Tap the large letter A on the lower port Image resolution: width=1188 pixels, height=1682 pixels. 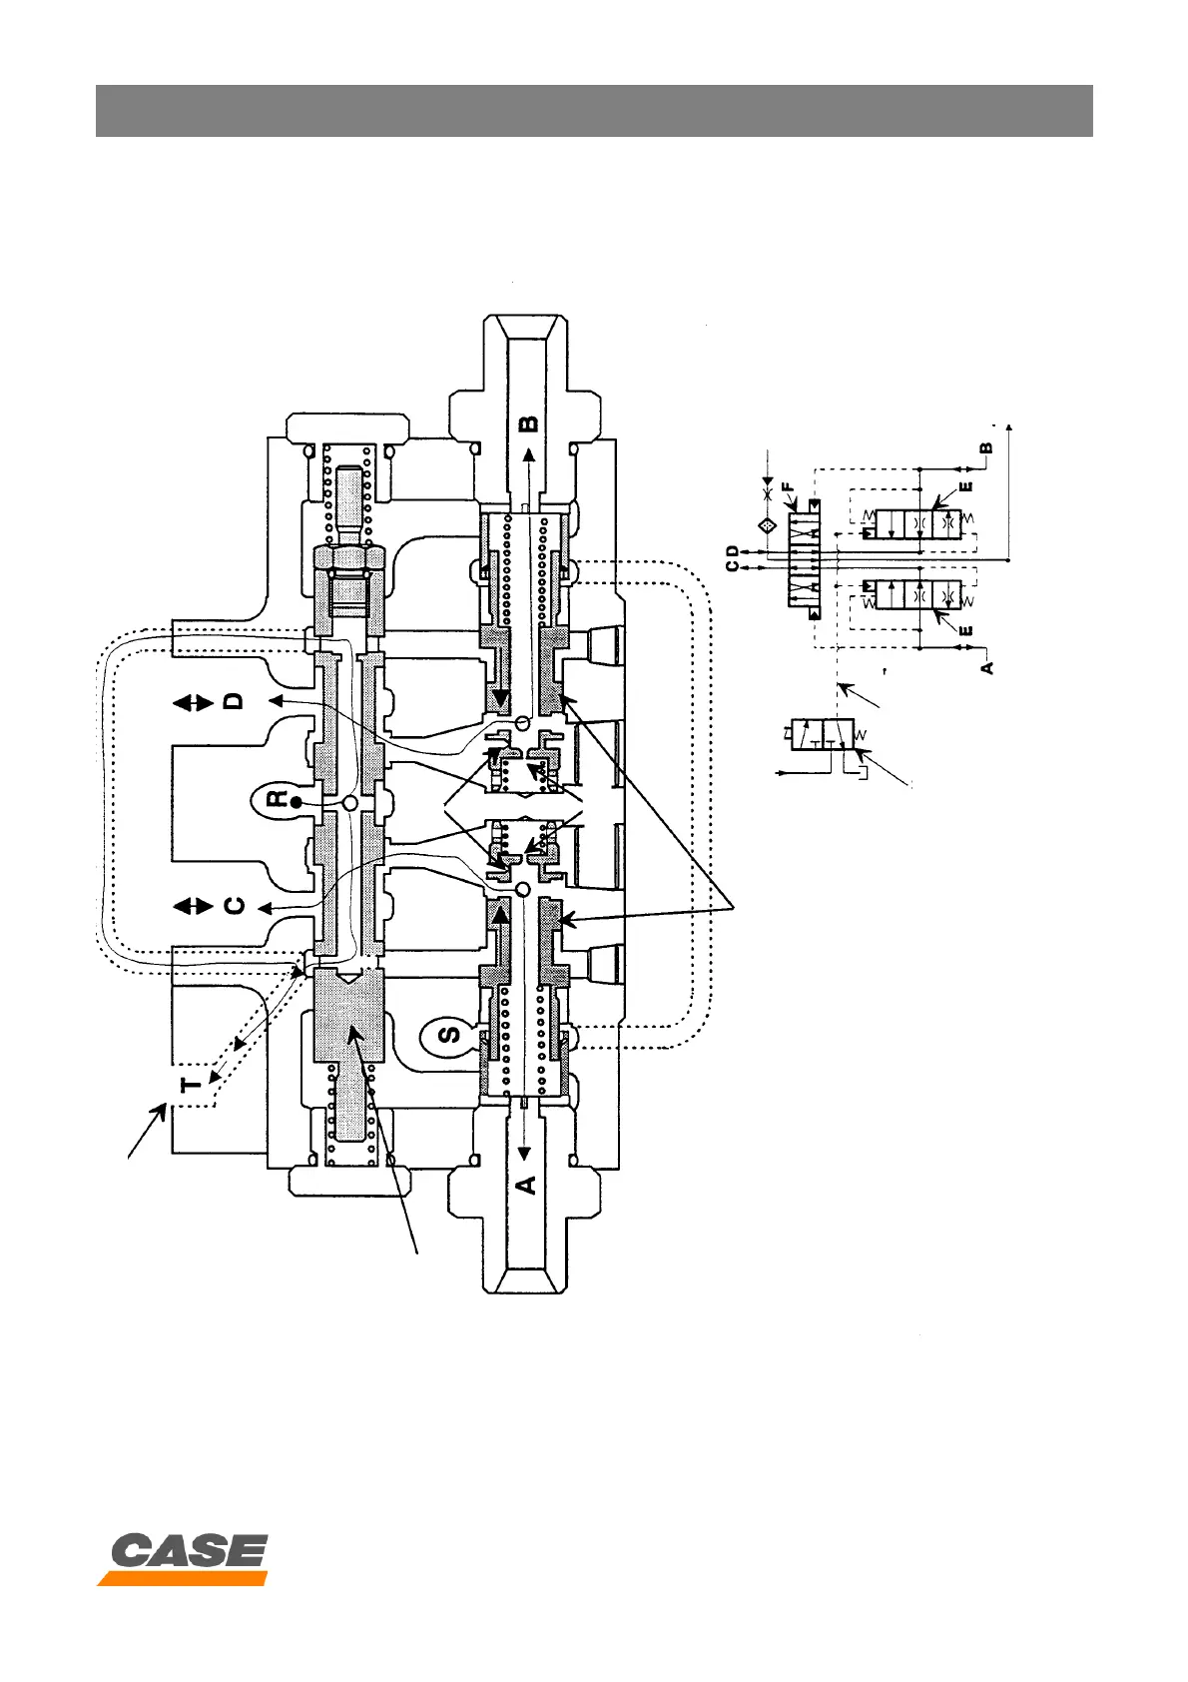click(526, 1184)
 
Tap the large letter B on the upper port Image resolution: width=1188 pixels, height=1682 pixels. click(529, 422)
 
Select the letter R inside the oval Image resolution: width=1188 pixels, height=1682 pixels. click(281, 798)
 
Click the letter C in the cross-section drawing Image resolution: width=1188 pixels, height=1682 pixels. click(234, 906)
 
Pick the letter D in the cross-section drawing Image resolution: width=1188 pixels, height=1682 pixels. click(234, 701)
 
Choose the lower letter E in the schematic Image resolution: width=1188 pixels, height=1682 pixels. click(965, 631)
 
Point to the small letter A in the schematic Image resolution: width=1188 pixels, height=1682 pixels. click(987, 666)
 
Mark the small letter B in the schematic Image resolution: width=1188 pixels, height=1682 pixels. click(987, 448)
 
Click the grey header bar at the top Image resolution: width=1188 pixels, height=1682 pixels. click(594, 110)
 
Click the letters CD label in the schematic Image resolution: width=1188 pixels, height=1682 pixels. click(734, 558)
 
